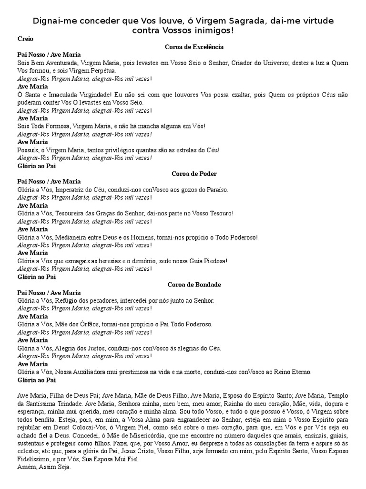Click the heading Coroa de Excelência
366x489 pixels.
(194, 47)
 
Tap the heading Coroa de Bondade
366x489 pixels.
(194, 284)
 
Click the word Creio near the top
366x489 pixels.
(25, 39)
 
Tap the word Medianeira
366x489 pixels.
(73, 237)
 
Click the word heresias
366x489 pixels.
(124, 261)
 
